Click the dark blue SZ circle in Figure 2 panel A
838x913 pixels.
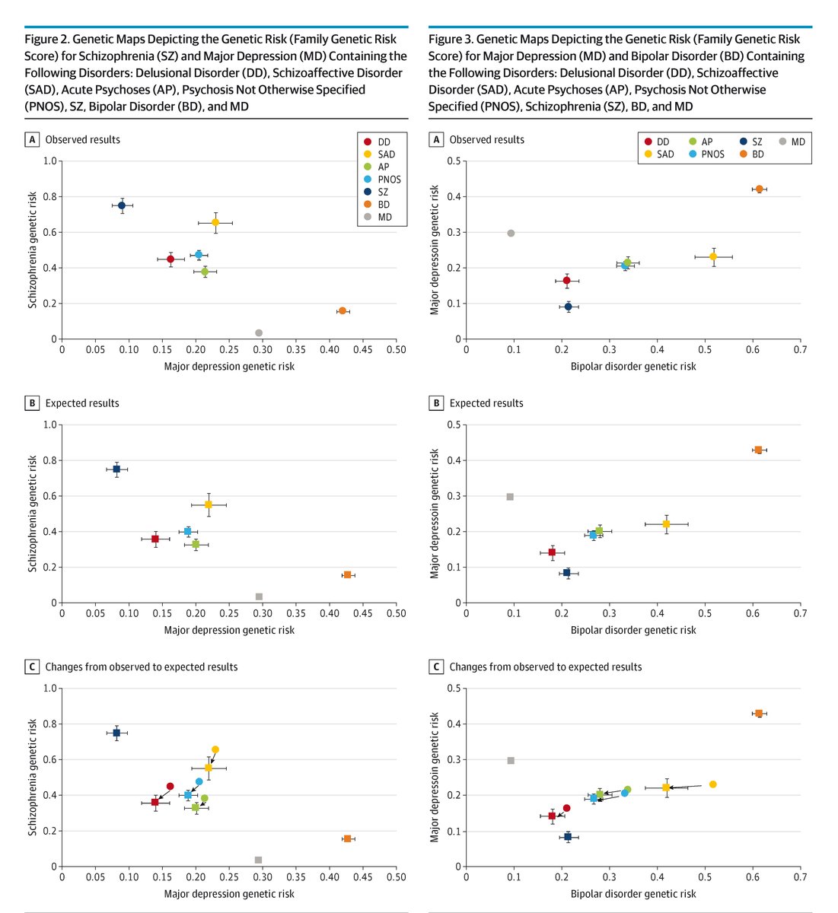pyautogui.click(x=122, y=205)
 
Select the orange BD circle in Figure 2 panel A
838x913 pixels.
pyautogui.click(x=343, y=310)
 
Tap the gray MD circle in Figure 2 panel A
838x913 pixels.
pyautogui.click(x=259, y=332)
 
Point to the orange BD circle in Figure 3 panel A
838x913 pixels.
pyautogui.click(x=759, y=189)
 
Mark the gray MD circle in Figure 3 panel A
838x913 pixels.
pyautogui.click(x=511, y=233)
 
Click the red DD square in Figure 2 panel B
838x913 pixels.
pyautogui.click(x=155, y=539)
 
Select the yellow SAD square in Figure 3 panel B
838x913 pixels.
pyautogui.click(x=666, y=523)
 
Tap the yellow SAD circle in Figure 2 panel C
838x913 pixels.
pyautogui.click(x=215, y=749)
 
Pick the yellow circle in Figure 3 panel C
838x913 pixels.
pyautogui.click(x=713, y=784)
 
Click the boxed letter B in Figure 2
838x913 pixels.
pyautogui.click(x=32, y=403)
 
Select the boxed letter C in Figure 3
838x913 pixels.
pyautogui.click(x=436, y=666)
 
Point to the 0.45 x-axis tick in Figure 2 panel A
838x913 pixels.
pyautogui.click(x=362, y=350)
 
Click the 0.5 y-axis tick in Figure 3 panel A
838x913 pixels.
pyautogui.click(x=454, y=161)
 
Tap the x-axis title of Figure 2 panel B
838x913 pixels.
pyautogui.click(x=229, y=630)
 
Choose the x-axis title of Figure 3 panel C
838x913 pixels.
pyautogui.click(x=633, y=894)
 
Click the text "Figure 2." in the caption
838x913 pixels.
pyautogui.click(x=47, y=39)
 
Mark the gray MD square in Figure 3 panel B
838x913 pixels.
pyautogui.click(x=510, y=497)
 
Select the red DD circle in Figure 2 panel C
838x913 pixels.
pyautogui.click(x=170, y=786)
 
